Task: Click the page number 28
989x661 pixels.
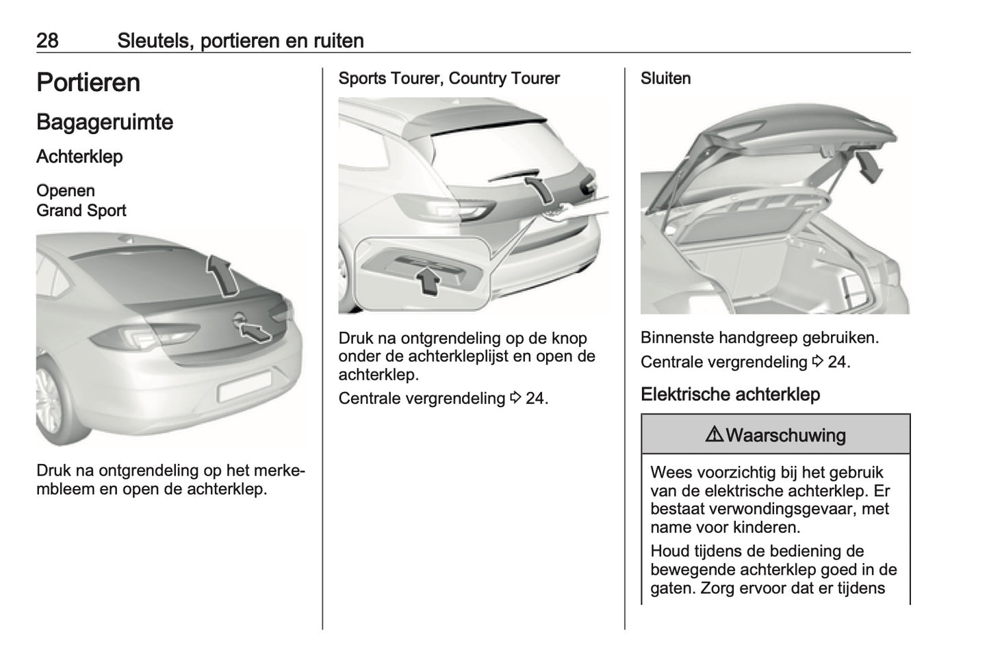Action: coord(47,40)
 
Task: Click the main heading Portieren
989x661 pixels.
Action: coord(88,83)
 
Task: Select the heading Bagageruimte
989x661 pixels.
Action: coord(105,122)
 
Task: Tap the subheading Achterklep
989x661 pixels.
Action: coord(79,157)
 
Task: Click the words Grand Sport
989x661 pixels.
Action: coord(81,211)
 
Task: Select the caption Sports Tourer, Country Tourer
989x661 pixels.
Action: coord(449,79)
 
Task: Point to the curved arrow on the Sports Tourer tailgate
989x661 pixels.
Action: coord(539,187)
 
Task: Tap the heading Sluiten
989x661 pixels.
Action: coord(665,79)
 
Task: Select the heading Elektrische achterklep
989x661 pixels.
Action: coord(730,395)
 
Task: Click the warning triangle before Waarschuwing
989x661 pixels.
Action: coord(714,435)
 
